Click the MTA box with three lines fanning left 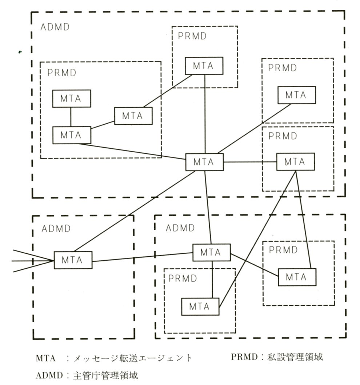point(73,260)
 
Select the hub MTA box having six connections point(204,162)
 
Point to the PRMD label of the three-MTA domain point(62,72)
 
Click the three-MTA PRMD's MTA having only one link point(71,98)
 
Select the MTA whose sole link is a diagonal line point(296,95)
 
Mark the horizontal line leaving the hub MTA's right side point(250,162)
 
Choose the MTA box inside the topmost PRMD point(204,66)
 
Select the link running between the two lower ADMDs point(142,257)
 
